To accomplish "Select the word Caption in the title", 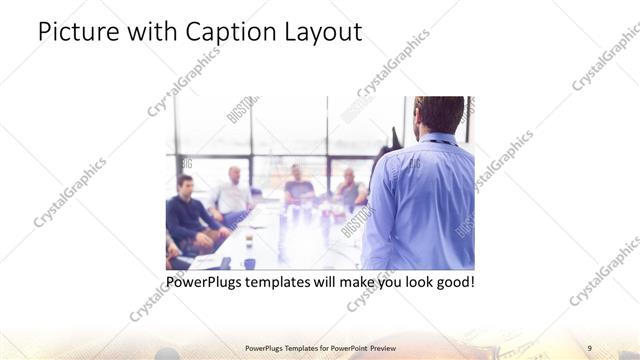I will (x=232, y=32).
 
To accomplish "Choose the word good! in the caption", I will (x=452, y=282).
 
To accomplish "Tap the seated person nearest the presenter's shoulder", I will (x=349, y=187).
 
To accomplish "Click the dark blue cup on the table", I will (x=249, y=263).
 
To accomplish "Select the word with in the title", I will (x=153, y=32).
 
